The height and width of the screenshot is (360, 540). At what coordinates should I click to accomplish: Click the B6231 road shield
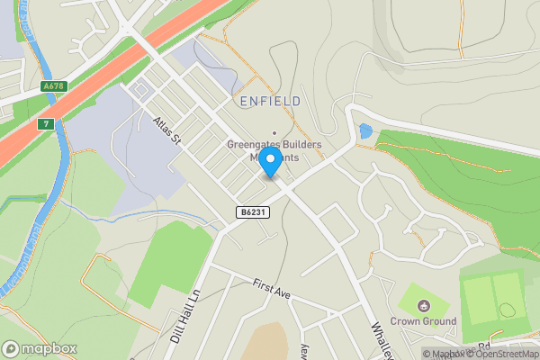tap(252, 212)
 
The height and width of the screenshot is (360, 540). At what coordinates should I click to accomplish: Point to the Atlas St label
tap(167, 130)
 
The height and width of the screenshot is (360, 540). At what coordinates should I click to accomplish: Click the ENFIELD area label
tap(269, 102)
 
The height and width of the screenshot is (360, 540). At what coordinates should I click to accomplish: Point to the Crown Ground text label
tap(424, 321)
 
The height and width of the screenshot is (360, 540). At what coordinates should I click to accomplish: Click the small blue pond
tap(364, 131)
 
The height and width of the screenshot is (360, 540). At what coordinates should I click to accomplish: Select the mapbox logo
tap(40, 348)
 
